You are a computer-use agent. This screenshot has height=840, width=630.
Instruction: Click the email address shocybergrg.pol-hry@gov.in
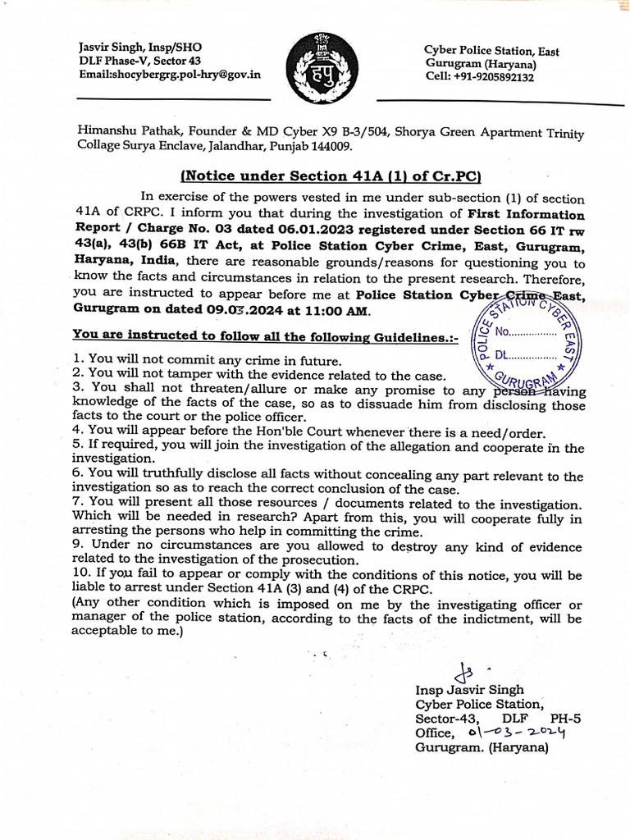[x=170, y=74]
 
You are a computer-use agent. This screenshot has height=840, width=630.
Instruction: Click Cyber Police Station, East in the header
[x=491, y=51]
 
